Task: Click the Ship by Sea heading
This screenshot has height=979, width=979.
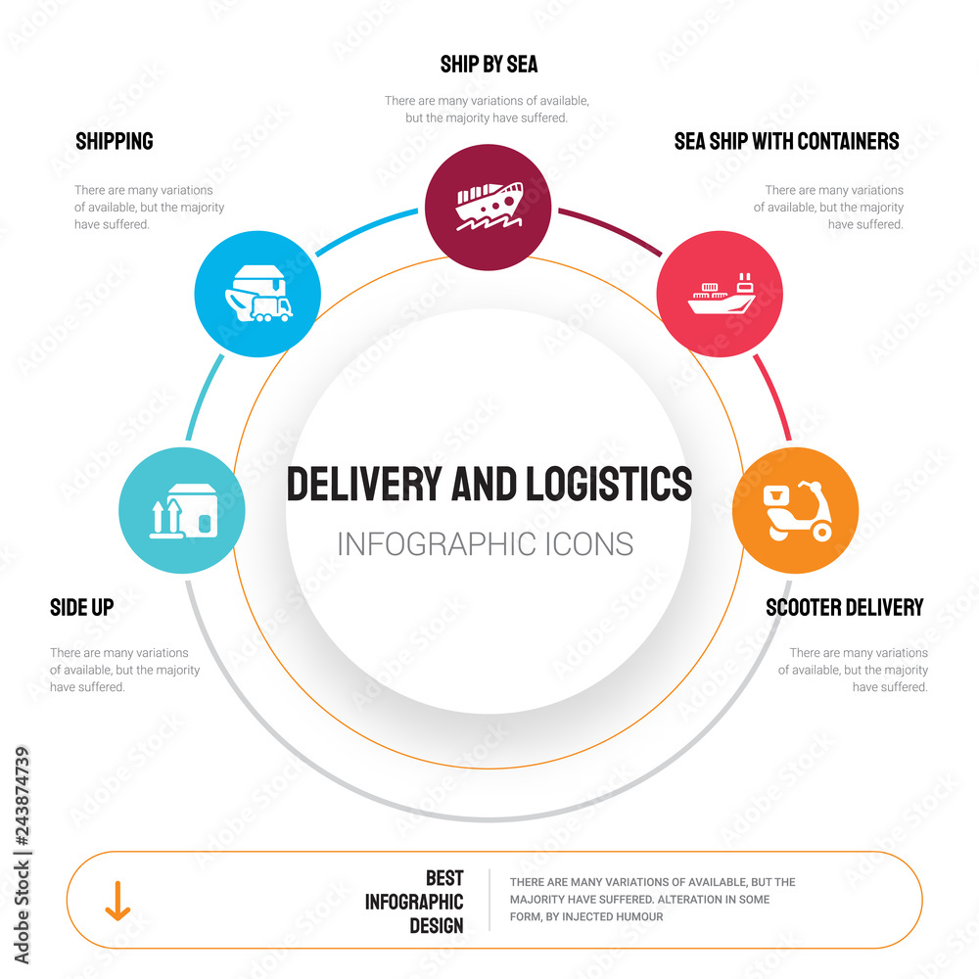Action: point(489,65)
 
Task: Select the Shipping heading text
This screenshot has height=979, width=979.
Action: point(115,141)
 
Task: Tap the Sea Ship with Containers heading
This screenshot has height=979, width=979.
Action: point(786,141)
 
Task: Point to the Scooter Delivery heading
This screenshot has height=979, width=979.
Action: point(844,607)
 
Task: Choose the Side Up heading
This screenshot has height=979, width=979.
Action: point(81,607)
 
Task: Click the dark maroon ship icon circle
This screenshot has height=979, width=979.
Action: point(488,207)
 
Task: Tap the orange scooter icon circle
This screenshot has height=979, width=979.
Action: point(795,510)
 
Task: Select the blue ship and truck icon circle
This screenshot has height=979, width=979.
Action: point(257,293)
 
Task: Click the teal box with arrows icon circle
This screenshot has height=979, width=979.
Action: point(182,510)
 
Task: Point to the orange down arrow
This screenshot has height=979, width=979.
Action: point(117,901)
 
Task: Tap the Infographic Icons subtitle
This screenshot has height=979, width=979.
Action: point(485,543)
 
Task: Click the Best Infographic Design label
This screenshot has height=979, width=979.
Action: point(415,901)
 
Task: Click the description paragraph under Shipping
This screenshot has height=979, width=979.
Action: point(149,208)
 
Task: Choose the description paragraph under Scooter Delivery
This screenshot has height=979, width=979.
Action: point(853,670)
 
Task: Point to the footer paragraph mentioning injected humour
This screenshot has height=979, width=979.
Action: point(652,899)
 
